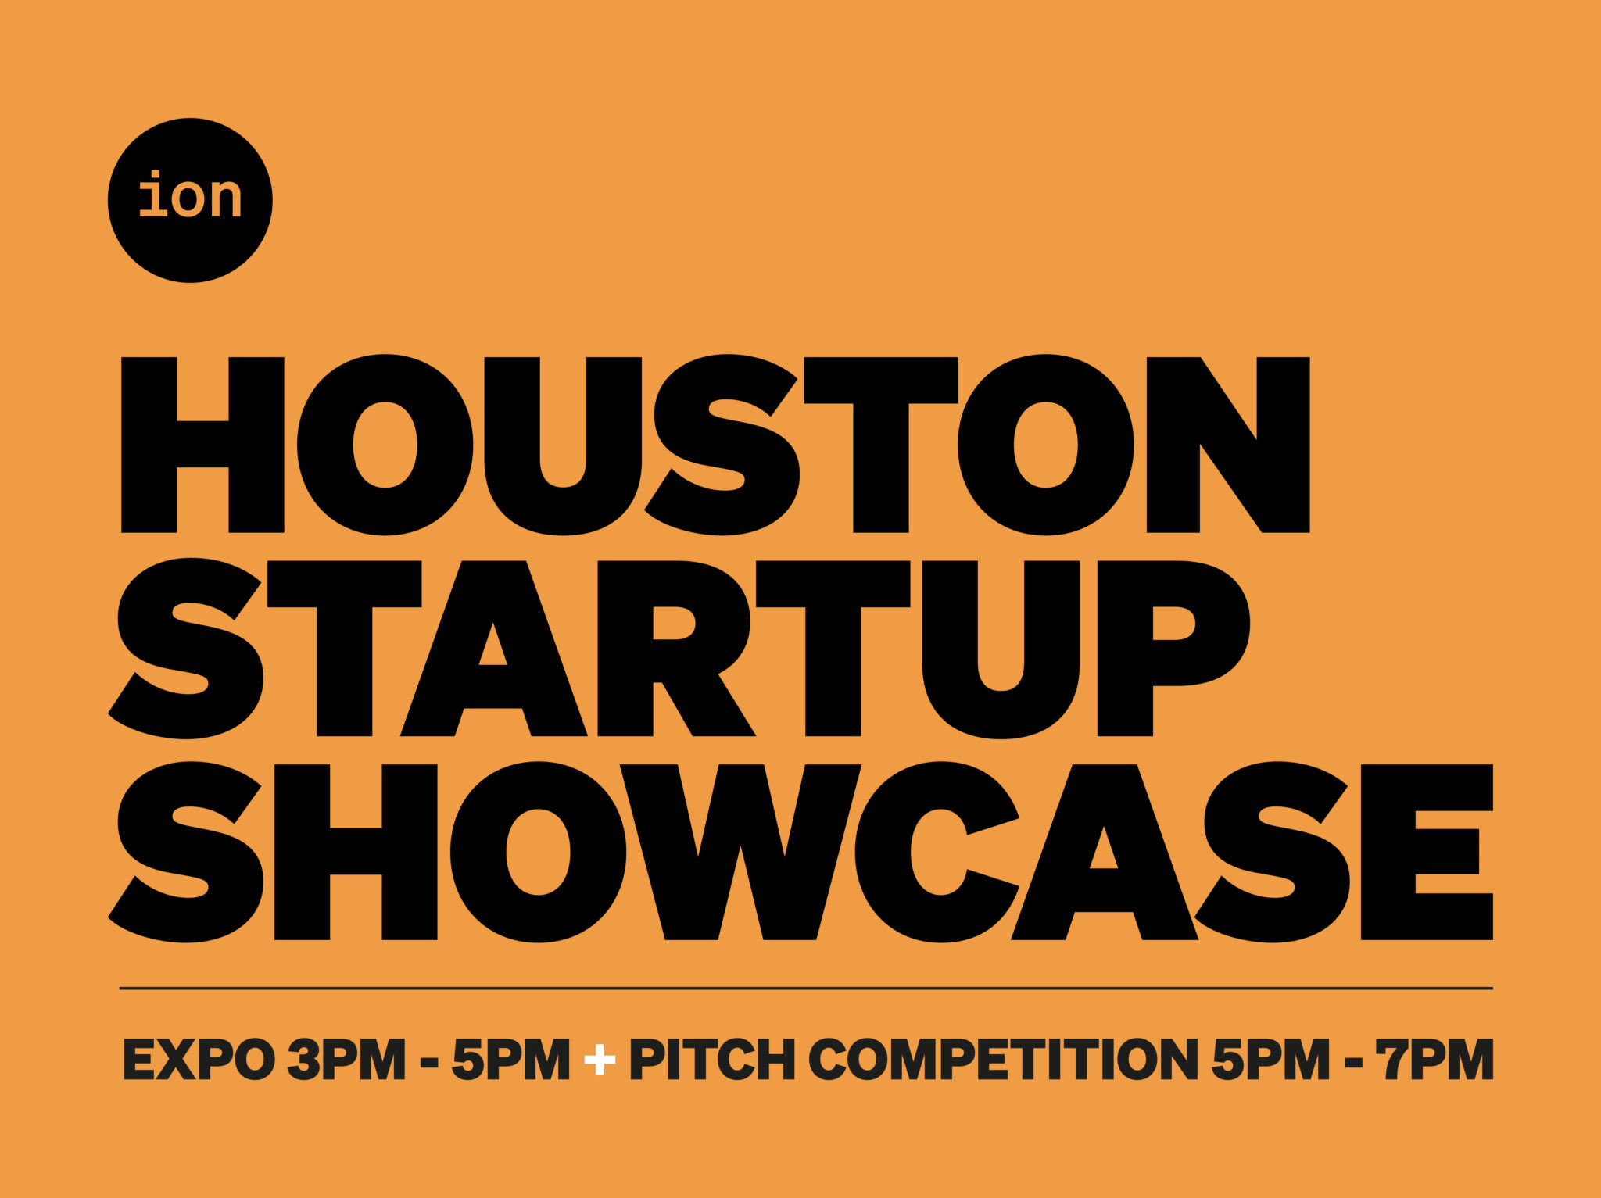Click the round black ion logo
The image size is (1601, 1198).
tap(190, 201)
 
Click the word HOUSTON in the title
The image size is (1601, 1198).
tap(715, 445)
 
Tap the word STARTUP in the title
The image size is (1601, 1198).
tap(679, 649)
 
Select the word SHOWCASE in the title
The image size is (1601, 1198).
tap(800, 852)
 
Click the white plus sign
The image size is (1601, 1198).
tap(600, 1060)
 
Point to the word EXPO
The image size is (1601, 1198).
tap(199, 1060)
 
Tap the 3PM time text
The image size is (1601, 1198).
tap(346, 1060)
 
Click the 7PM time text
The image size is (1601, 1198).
tap(1435, 1060)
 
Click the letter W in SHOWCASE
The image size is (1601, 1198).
tap(740, 852)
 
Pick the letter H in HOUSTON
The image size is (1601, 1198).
tap(202, 445)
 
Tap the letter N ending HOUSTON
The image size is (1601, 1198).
tap(1228, 445)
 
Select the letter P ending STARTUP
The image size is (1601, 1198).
tap(1173, 649)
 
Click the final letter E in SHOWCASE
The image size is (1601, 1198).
tap(1427, 852)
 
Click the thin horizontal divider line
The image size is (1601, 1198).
tap(806, 989)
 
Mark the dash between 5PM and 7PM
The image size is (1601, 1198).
tap(1353, 1063)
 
